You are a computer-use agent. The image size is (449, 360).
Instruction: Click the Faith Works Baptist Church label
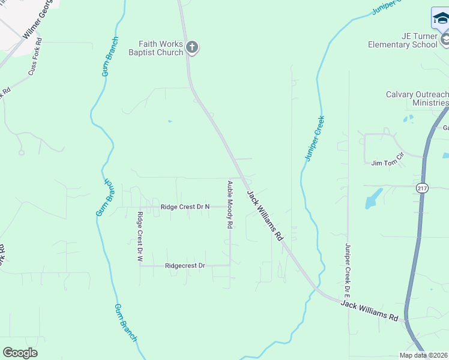160,47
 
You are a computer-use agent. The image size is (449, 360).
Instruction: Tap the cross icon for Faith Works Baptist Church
193,47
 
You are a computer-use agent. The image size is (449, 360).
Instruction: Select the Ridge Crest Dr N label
185,206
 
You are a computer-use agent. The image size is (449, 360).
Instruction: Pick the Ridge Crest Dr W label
139,237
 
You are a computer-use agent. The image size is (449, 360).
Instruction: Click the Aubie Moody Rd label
229,205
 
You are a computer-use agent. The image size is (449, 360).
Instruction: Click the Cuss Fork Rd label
35,57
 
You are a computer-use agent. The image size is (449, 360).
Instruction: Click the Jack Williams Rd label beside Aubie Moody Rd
265,215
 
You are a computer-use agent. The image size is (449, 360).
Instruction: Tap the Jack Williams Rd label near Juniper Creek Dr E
369,311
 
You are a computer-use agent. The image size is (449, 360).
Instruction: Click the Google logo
20,353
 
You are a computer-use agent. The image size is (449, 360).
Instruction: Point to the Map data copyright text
424,355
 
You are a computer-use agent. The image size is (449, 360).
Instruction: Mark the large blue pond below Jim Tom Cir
373,197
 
